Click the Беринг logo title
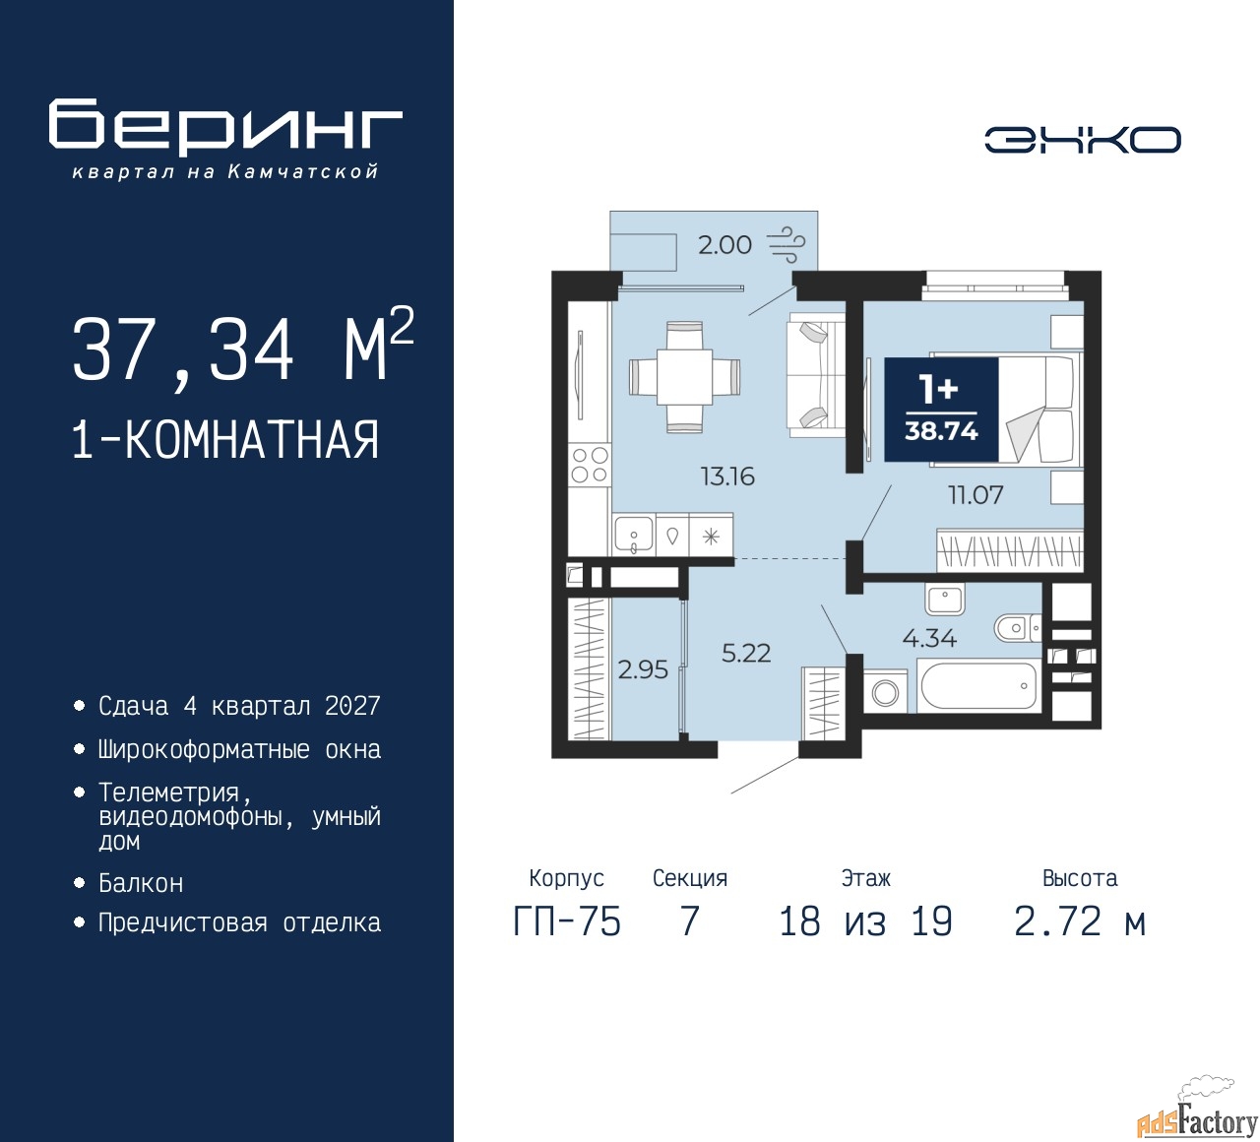coord(224,127)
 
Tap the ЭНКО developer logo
coord(1082,140)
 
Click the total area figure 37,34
coord(183,350)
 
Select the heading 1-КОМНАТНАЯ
coord(225,439)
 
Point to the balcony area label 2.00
coord(724,244)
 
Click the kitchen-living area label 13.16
coord(728,476)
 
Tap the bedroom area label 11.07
coord(976,495)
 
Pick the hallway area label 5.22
coord(745,654)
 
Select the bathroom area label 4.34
coord(929,638)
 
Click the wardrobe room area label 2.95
coord(643,669)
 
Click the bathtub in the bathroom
coord(978,686)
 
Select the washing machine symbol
coord(885,692)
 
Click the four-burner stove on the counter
coord(590,465)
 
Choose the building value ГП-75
coord(567,922)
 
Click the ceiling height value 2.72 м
coord(1080,922)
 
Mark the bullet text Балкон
coord(141,883)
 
